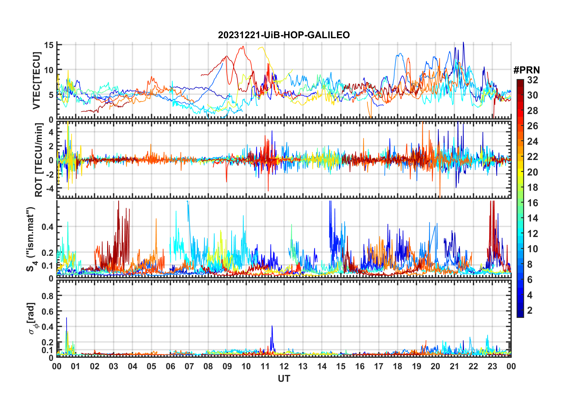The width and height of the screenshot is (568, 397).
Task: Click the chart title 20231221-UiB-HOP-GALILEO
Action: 284,35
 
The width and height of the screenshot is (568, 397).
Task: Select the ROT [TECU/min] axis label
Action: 39,160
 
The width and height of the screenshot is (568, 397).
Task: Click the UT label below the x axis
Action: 284,379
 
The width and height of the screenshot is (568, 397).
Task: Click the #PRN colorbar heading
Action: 526,70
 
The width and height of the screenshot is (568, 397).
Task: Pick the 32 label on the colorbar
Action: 532,80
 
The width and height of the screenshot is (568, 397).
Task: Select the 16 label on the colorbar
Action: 532,203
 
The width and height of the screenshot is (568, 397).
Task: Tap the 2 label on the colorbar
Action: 530,310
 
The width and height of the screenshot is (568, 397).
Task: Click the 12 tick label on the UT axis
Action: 284,366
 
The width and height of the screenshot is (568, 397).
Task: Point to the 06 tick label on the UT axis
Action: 170,366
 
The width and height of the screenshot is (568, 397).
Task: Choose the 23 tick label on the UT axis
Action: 492,366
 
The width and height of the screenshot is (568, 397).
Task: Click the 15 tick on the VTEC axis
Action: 49,45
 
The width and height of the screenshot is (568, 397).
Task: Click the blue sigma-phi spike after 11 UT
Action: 272,326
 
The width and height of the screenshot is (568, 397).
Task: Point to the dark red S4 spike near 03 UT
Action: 119,202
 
